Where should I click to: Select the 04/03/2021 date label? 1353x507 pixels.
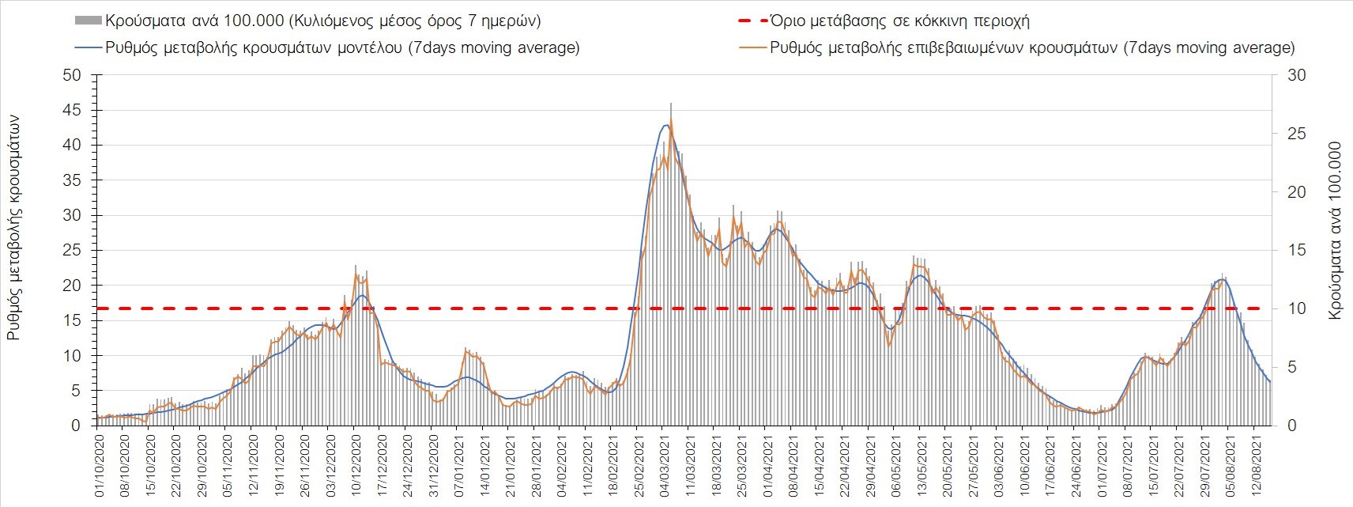pyautogui.click(x=662, y=467)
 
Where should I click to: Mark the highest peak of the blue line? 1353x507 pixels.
pyautogui.click(x=666, y=125)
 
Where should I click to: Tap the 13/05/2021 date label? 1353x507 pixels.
pyautogui.click(x=920, y=467)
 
